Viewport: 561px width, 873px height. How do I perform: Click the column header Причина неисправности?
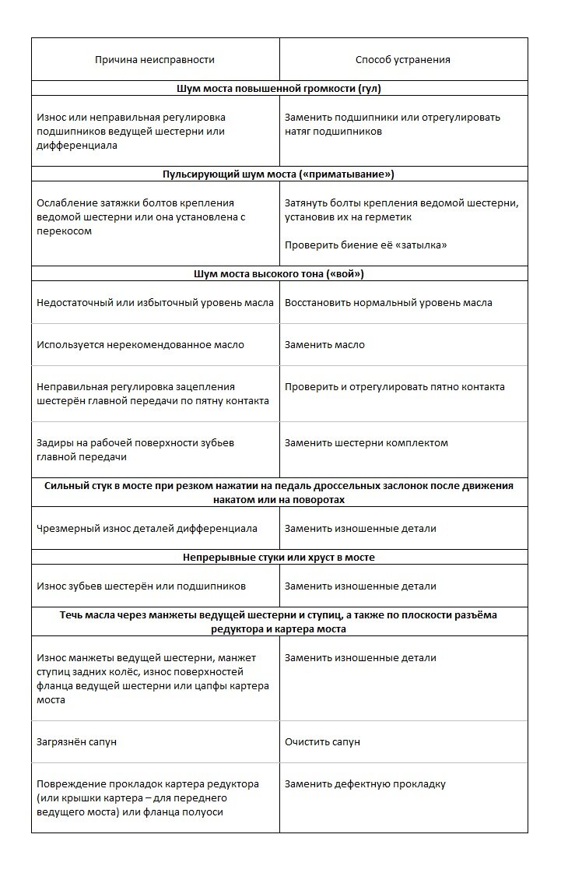point(155,59)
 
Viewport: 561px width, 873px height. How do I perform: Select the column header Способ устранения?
point(402,59)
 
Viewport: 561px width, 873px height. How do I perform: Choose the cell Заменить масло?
point(324,344)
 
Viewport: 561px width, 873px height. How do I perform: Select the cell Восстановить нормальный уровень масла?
point(388,302)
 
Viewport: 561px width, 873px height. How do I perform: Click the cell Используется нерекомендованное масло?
point(140,344)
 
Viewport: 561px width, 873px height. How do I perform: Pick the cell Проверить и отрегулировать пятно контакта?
point(394,386)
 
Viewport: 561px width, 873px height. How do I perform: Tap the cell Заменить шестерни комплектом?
point(366,442)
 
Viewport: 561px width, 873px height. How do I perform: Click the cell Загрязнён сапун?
point(76,742)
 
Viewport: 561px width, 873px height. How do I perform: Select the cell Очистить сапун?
point(322,742)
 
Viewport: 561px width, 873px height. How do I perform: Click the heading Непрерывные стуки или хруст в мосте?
point(279,558)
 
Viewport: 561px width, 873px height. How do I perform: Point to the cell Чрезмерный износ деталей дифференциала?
point(147,528)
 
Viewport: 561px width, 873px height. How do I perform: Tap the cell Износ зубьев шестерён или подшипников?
point(141,586)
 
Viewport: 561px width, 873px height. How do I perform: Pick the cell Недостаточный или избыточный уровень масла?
point(155,302)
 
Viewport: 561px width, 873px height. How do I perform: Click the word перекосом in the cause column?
point(65,231)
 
